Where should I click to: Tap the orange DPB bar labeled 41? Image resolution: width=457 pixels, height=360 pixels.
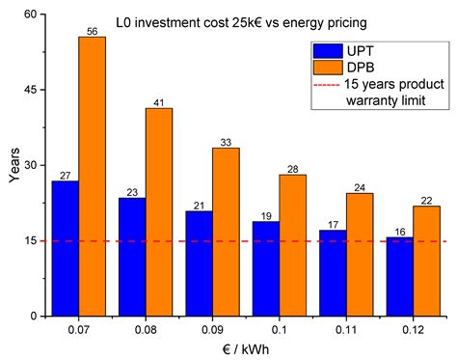(x=159, y=212)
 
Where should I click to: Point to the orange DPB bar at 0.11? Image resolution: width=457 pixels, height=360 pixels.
(x=360, y=254)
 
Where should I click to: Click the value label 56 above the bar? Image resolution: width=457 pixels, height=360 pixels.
(x=92, y=31)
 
